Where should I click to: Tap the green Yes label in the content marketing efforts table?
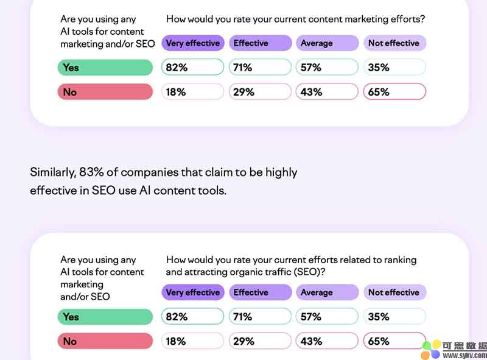point(105,68)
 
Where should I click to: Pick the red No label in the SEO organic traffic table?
point(105,341)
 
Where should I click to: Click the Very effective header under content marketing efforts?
point(192,43)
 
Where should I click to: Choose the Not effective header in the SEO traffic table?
point(394,292)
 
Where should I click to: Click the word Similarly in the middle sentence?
point(52,172)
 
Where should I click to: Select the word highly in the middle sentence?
point(281,172)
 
